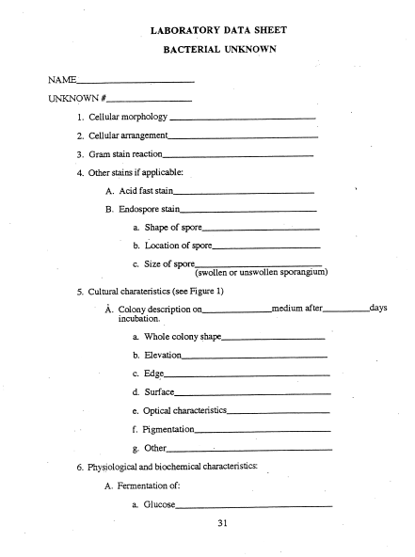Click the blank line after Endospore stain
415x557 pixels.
coord(247,210)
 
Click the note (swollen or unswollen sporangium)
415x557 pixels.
coord(261,273)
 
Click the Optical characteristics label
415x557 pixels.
coord(186,411)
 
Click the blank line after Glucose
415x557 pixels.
coord(254,506)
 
